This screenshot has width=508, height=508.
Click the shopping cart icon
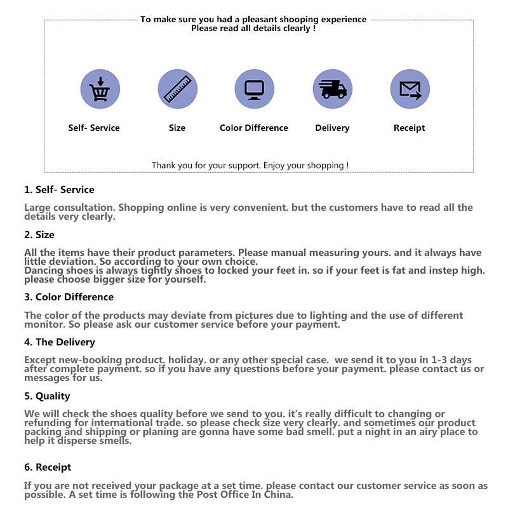100,89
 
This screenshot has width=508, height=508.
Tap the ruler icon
177,89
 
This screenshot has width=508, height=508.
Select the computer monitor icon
254,89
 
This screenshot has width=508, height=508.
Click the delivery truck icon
332,89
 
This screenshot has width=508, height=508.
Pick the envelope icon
410,89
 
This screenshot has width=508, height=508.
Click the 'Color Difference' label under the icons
253,128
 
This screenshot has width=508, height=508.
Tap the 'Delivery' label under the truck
332,128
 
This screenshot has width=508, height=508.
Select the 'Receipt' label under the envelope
409,128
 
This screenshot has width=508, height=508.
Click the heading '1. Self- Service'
59,190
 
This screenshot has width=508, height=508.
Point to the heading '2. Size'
39,235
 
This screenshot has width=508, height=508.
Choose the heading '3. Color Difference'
69,297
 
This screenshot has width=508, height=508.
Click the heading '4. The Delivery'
60,342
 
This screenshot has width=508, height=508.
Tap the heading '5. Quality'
47,396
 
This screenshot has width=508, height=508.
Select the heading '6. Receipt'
48,467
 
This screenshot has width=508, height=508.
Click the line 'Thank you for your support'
250,166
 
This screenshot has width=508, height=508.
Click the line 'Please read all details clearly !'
253,29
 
